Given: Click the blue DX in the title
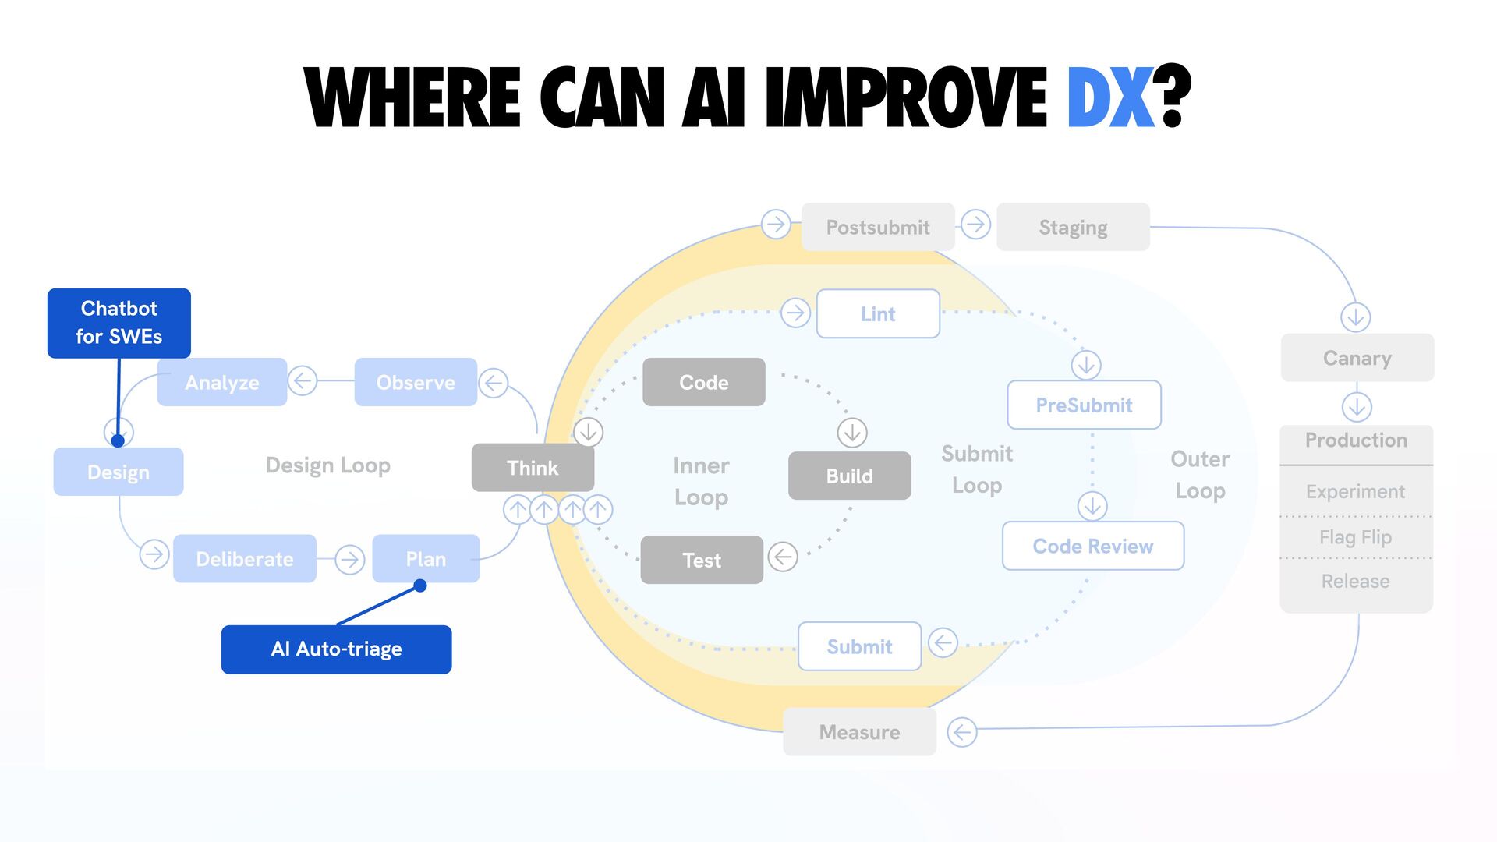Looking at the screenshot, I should tap(1110, 97).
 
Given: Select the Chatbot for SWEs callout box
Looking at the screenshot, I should tap(119, 323).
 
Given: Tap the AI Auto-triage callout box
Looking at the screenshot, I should tap(336, 649).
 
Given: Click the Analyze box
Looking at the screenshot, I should tap(222, 382).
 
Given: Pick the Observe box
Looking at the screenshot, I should tap(416, 382).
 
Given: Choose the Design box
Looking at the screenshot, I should tap(119, 472).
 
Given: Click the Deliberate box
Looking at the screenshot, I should tap(245, 558).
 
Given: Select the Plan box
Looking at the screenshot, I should tap(426, 558).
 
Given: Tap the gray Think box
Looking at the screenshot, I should tap(533, 468).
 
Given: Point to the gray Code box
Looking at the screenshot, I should tap(703, 382).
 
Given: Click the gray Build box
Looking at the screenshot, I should tap(849, 476).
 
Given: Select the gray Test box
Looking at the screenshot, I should tap(702, 560).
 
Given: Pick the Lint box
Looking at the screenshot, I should tap(878, 313).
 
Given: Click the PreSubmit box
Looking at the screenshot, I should tap(1084, 405).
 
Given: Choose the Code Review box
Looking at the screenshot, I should tap(1092, 546).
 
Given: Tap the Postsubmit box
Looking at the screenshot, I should tap(878, 227).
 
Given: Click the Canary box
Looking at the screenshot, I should tap(1357, 358).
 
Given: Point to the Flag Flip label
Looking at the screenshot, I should tap(1355, 537).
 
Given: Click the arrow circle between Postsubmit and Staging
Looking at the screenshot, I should tap(975, 225).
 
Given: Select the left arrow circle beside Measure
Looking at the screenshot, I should tap(961, 732).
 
